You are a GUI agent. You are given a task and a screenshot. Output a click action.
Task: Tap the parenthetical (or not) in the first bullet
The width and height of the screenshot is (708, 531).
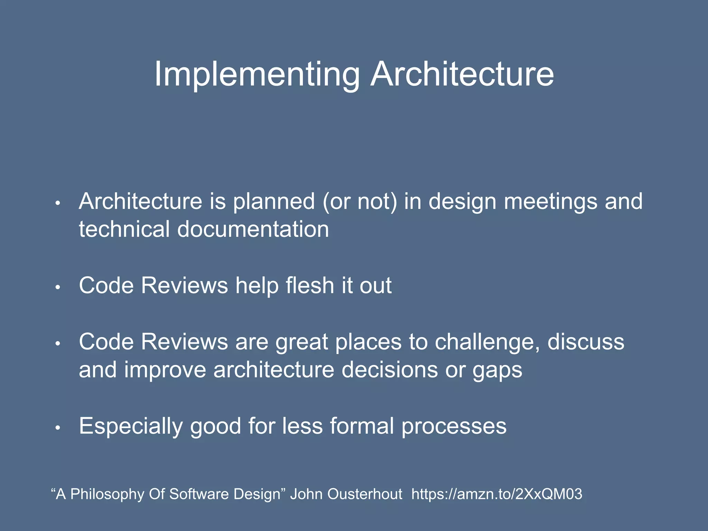click(360, 202)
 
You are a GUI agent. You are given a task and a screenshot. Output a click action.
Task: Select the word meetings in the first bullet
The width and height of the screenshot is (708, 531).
click(550, 202)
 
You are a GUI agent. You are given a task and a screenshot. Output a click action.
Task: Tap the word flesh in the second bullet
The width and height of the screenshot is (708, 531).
click(310, 286)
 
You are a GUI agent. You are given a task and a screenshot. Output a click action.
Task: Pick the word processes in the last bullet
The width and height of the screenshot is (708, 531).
click(454, 426)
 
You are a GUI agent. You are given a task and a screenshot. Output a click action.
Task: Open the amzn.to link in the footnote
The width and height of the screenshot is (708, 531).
click(497, 494)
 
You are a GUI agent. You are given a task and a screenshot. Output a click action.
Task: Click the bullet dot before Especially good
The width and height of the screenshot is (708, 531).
click(58, 428)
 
